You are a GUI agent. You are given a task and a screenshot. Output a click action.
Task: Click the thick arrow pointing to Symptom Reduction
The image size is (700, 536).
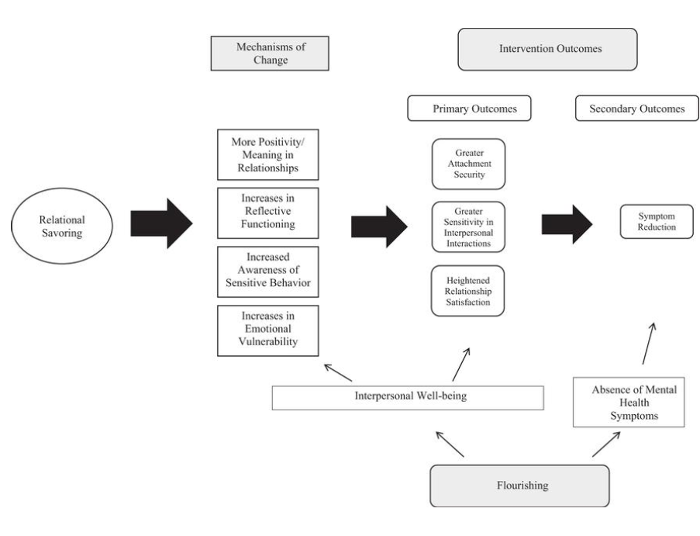coord(567,223)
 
